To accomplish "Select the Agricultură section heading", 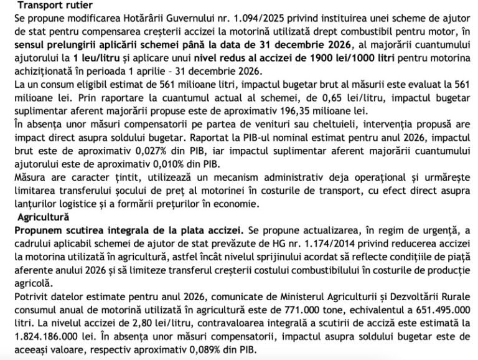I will (37, 217).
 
